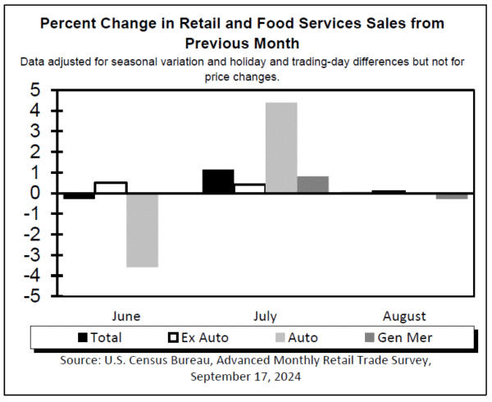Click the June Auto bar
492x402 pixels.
tap(142, 230)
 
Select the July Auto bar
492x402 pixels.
tap(281, 148)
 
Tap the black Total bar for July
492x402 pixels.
tap(217, 181)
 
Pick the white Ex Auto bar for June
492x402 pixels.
tap(111, 188)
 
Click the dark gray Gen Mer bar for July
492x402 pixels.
tap(312, 185)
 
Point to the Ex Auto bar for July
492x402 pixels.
tap(249, 189)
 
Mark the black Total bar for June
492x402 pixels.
tap(80, 196)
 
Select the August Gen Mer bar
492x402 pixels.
tap(452, 196)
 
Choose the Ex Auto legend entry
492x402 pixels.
tap(198, 337)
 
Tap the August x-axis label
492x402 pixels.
tap(403, 316)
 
